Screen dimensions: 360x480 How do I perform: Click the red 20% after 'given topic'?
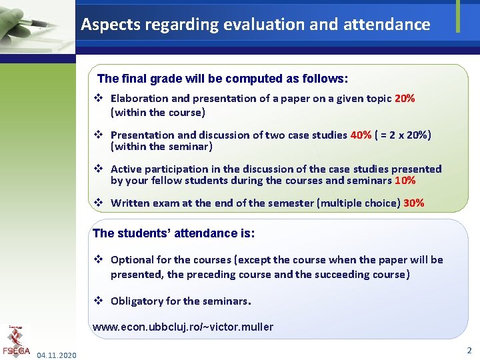click(405, 99)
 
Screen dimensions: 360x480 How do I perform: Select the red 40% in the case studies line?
click(361, 135)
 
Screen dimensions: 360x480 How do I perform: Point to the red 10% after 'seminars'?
click(405, 181)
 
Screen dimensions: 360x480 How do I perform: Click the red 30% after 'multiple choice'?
click(414, 203)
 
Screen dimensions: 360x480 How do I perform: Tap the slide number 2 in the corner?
click(469, 350)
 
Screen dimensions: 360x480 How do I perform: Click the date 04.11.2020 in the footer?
click(57, 355)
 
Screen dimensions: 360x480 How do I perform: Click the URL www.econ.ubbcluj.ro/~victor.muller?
click(183, 327)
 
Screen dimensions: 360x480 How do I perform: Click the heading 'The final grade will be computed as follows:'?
click(223, 79)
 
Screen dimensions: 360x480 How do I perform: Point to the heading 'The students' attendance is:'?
click(173, 233)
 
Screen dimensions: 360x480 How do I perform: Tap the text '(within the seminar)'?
click(161, 147)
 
